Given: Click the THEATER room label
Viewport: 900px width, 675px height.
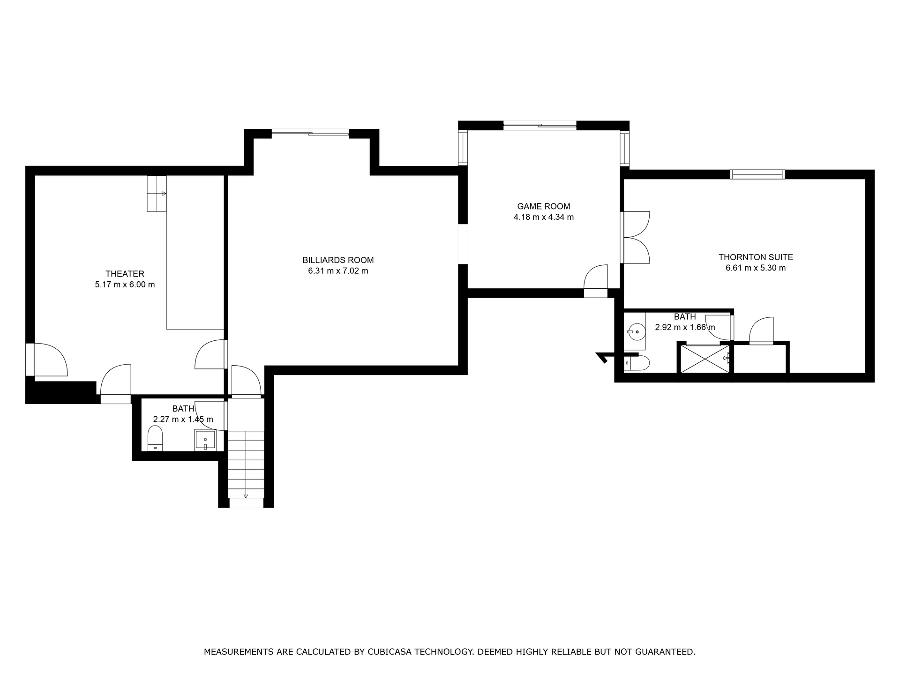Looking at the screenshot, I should tap(125, 274).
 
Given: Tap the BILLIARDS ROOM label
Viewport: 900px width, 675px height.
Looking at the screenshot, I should tap(338, 260).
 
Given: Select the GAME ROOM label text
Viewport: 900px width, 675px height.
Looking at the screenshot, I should tap(543, 206).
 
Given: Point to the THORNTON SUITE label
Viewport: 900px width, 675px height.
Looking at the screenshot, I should tap(756, 257).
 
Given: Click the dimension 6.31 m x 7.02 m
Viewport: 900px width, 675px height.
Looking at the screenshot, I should tap(338, 271).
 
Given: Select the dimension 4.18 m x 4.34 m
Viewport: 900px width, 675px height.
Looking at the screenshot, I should tap(543, 217).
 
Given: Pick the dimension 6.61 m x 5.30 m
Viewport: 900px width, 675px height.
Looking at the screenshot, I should tap(756, 268).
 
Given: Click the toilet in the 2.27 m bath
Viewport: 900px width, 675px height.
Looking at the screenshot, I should tap(155, 438).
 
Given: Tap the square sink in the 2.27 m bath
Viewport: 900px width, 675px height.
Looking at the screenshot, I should tap(205, 440).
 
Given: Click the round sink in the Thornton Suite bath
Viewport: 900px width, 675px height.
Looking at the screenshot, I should tap(636, 332).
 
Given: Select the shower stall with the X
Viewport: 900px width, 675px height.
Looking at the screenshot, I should tap(705, 359).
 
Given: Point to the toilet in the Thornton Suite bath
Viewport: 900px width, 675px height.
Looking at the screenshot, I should tap(637, 363).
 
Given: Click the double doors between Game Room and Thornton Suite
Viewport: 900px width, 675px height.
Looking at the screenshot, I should tap(635, 237).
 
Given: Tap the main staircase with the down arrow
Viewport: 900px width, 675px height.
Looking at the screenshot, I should tap(246, 464).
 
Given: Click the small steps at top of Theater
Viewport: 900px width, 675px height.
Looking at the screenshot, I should tap(157, 194).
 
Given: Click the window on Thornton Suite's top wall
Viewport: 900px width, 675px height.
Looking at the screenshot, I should tap(757, 174).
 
